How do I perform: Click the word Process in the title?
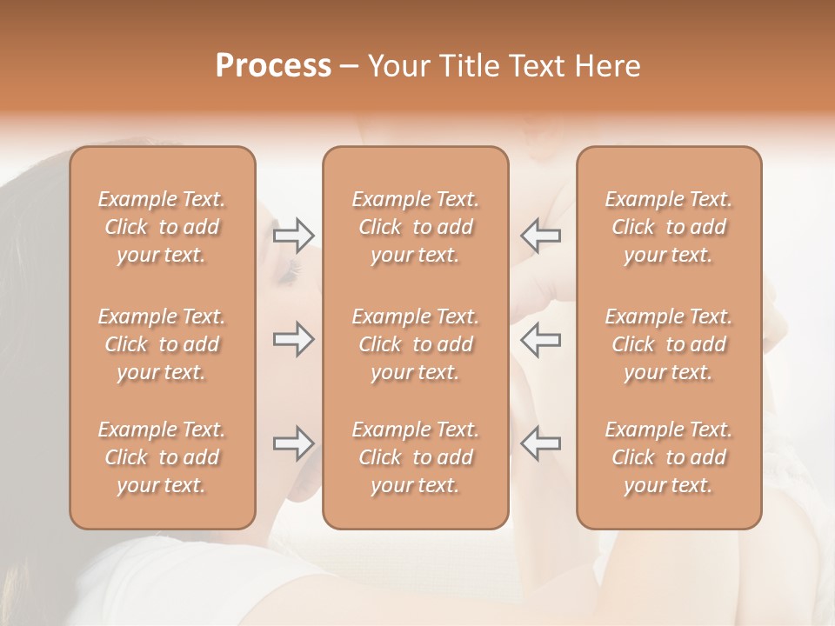click(273, 66)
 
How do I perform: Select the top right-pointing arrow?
click(294, 235)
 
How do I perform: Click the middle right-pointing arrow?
click(294, 339)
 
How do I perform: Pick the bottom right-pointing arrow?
click(294, 443)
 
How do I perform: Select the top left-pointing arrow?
click(540, 235)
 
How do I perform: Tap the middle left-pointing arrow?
click(540, 339)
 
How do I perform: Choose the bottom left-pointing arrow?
click(540, 443)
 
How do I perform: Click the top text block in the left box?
click(162, 227)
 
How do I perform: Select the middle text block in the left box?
click(162, 344)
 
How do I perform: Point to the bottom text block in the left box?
click(162, 457)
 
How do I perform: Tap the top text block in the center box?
click(416, 227)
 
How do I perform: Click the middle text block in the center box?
click(416, 344)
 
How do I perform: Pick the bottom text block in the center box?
click(416, 457)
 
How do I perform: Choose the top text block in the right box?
click(669, 227)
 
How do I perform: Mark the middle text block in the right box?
click(669, 344)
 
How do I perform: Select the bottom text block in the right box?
click(669, 457)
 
